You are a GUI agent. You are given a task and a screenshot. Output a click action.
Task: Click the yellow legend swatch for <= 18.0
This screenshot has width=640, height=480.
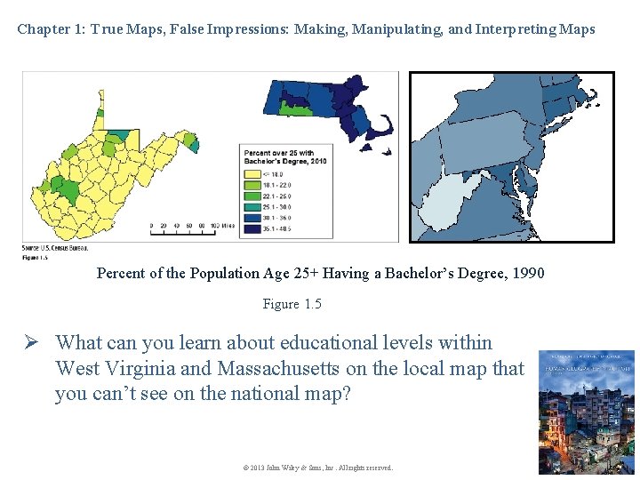[249, 175]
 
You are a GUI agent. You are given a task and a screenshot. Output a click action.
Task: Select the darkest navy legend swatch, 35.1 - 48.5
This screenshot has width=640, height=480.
[249, 229]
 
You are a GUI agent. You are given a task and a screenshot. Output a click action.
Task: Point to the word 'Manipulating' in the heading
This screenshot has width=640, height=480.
[397, 29]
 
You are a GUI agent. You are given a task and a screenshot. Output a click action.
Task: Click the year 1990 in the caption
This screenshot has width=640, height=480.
[524, 273]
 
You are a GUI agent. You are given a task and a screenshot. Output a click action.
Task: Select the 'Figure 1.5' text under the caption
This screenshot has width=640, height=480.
[292, 304]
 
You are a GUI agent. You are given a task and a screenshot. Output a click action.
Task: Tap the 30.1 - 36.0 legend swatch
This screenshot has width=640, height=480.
[249, 219]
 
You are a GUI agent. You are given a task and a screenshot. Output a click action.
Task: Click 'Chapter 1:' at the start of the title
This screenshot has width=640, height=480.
[50, 29]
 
